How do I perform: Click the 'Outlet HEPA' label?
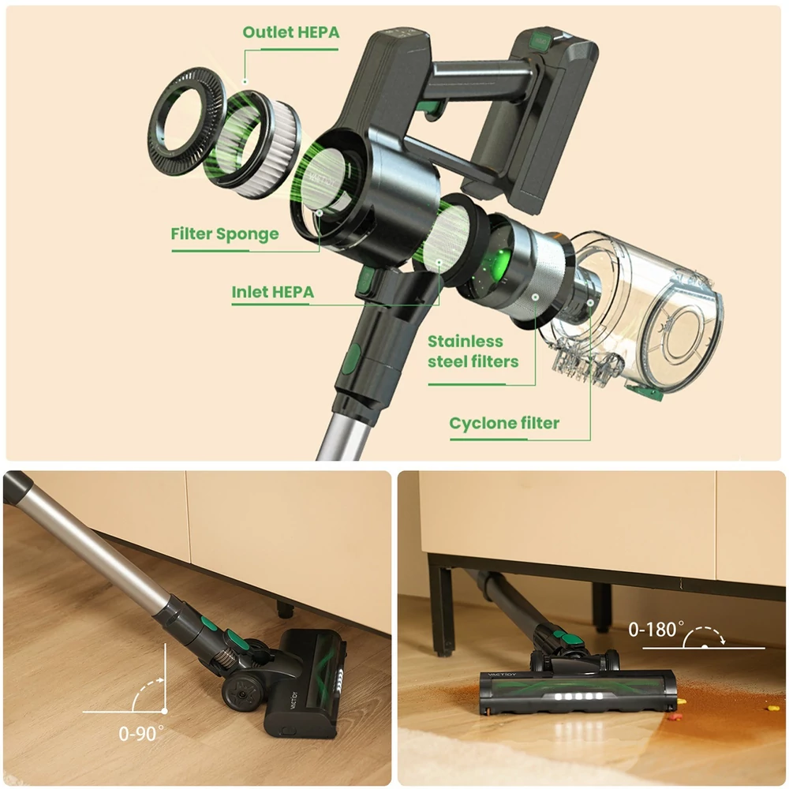pyautogui.click(x=291, y=32)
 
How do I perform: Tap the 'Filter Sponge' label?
pyautogui.click(x=224, y=234)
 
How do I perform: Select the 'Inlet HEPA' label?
pyautogui.click(x=273, y=292)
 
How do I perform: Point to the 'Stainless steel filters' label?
pyautogui.click(x=473, y=351)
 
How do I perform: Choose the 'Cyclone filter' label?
pyautogui.click(x=504, y=423)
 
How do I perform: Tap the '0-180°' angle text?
pyautogui.click(x=656, y=629)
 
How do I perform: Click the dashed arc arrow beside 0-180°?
pyautogui.click(x=705, y=634)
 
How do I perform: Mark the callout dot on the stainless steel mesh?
pyautogui.click(x=536, y=297)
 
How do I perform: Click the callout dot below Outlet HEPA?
pyautogui.click(x=245, y=81)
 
